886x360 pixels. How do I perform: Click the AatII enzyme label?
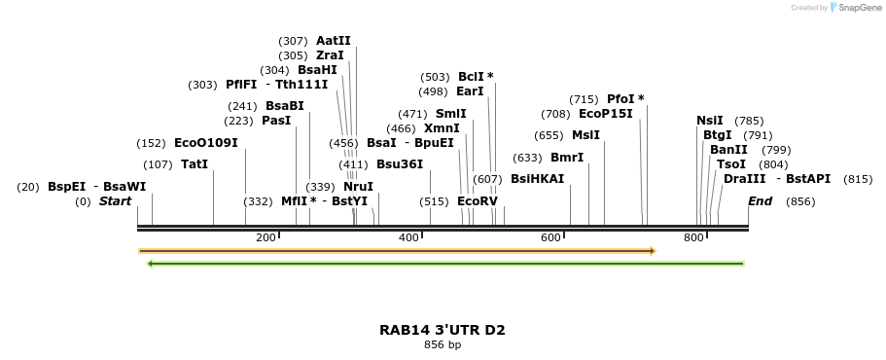333,41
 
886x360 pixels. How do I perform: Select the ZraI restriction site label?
330,55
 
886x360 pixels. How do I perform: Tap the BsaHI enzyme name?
317,70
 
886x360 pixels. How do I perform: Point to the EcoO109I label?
205,143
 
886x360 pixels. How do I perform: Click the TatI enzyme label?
195,164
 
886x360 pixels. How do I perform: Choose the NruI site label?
358,187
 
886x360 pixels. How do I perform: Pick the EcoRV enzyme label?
477,201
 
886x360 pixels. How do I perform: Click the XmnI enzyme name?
442,128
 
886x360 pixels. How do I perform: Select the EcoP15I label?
605,114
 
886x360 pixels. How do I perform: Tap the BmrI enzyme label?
567,158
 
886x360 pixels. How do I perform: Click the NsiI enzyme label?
710,121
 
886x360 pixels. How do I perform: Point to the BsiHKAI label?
537,179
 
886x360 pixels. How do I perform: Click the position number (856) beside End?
799,201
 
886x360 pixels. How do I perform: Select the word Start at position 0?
115,201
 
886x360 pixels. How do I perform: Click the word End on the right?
760,201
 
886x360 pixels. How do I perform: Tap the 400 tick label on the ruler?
408,237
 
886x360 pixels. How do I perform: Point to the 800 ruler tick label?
693,237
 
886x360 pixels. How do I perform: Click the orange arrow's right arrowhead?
653,251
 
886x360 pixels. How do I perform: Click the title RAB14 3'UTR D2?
443,330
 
